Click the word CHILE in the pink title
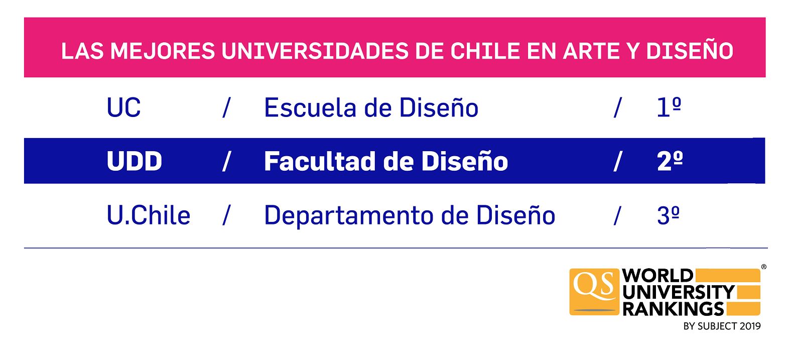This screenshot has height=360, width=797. (x=485, y=51)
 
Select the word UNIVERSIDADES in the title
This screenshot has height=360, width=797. (x=315, y=51)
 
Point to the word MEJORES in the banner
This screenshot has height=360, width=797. (x=163, y=51)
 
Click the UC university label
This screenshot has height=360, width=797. (x=124, y=107)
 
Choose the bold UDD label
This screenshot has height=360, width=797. (x=135, y=161)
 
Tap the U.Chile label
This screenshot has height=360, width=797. (x=149, y=215)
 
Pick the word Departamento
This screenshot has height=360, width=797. (x=349, y=216)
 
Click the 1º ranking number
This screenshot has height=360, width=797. (x=669, y=107)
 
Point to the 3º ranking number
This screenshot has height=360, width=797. (x=669, y=215)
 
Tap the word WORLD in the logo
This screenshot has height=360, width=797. (x=658, y=276)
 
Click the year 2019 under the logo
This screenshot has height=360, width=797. (x=750, y=326)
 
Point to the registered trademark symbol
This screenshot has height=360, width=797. (x=763, y=267)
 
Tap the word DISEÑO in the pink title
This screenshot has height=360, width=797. (x=690, y=51)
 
